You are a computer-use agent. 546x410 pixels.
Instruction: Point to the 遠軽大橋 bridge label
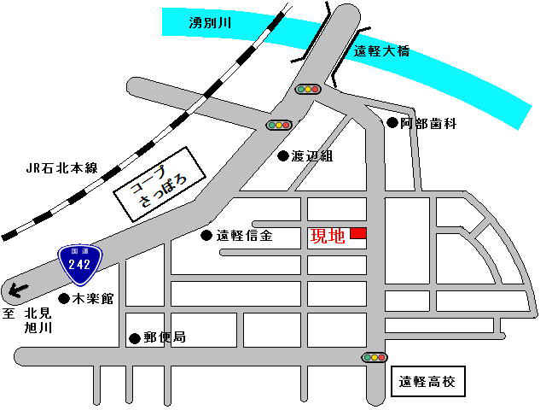381,51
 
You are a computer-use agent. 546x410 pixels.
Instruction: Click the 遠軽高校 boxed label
427,381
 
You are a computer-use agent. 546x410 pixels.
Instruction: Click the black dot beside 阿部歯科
392,123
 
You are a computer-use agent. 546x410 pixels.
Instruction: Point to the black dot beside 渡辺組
282,156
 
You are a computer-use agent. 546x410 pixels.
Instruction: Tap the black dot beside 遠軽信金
206,236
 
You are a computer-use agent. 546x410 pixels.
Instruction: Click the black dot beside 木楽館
63,298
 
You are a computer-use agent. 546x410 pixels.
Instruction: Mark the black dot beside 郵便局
134,338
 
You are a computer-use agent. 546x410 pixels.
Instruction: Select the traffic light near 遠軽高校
375,357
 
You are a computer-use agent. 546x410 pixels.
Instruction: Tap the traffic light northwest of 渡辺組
279,125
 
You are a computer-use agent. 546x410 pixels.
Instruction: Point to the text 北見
39,313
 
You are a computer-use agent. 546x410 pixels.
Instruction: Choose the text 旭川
39,327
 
